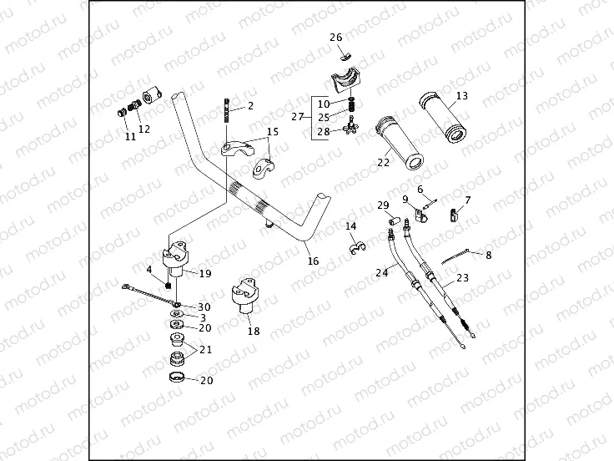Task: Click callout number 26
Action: (335, 38)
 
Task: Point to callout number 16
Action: (314, 261)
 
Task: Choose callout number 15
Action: (273, 132)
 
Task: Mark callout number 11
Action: (130, 137)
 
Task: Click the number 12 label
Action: (144, 129)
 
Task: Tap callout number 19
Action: (205, 273)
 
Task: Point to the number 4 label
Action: (149, 270)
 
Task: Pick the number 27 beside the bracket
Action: (297, 117)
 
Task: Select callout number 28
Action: (323, 131)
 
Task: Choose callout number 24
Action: (381, 271)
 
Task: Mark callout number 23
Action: (463, 278)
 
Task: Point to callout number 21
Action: (205, 350)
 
